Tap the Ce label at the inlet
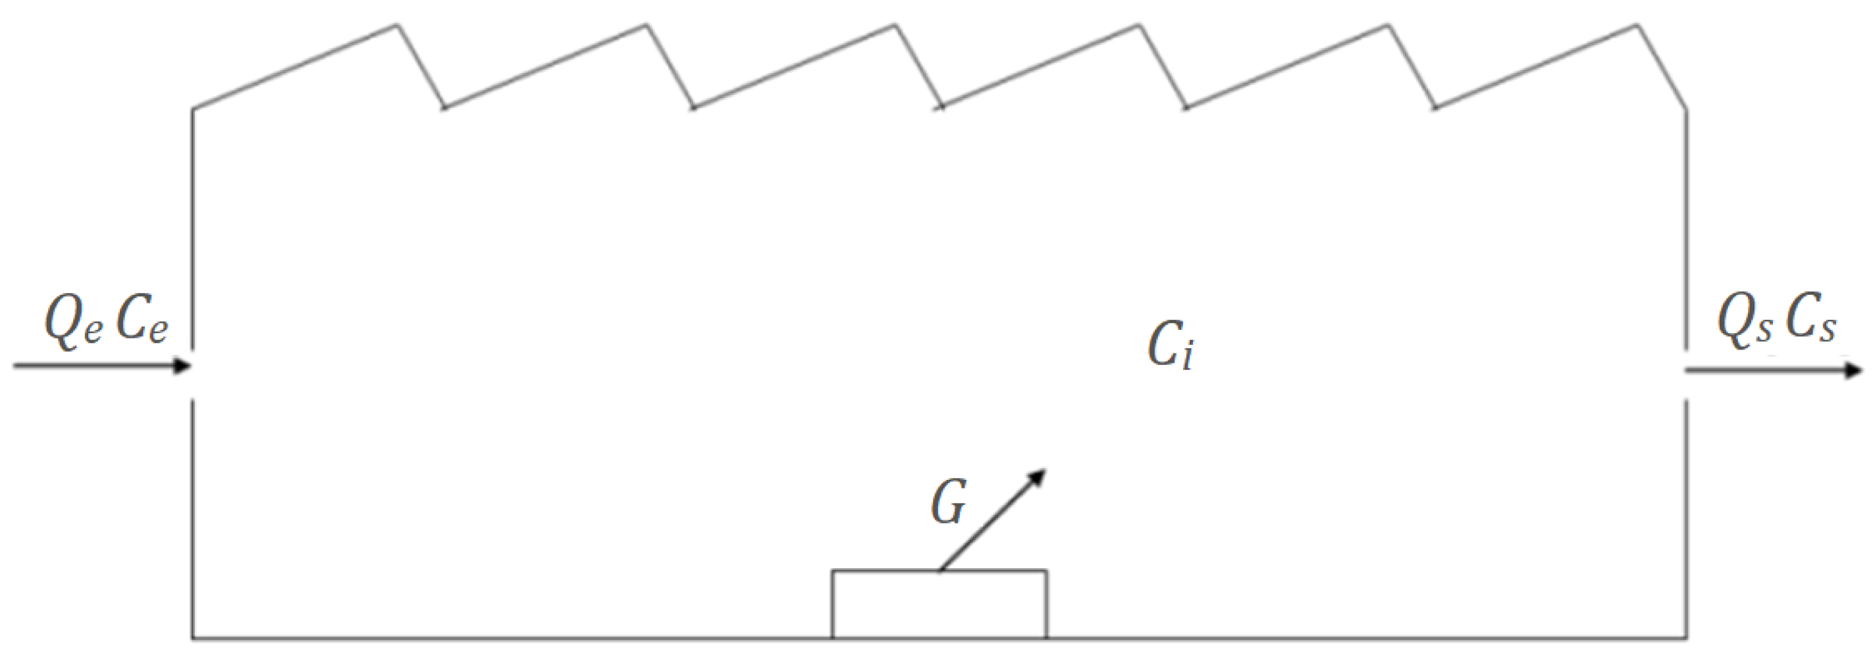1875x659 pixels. coord(142,323)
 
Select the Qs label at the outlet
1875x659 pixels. coord(1744,323)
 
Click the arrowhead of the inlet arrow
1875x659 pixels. coord(182,365)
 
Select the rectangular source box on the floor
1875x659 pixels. coord(939,604)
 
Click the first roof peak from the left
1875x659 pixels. coord(397,26)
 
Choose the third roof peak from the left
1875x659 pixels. coord(895,26)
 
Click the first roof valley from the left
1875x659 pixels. coord(444,107)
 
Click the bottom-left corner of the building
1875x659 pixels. coord(193,639)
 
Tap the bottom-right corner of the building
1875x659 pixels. coord(1687,639)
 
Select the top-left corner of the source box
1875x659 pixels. coord(833,571)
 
